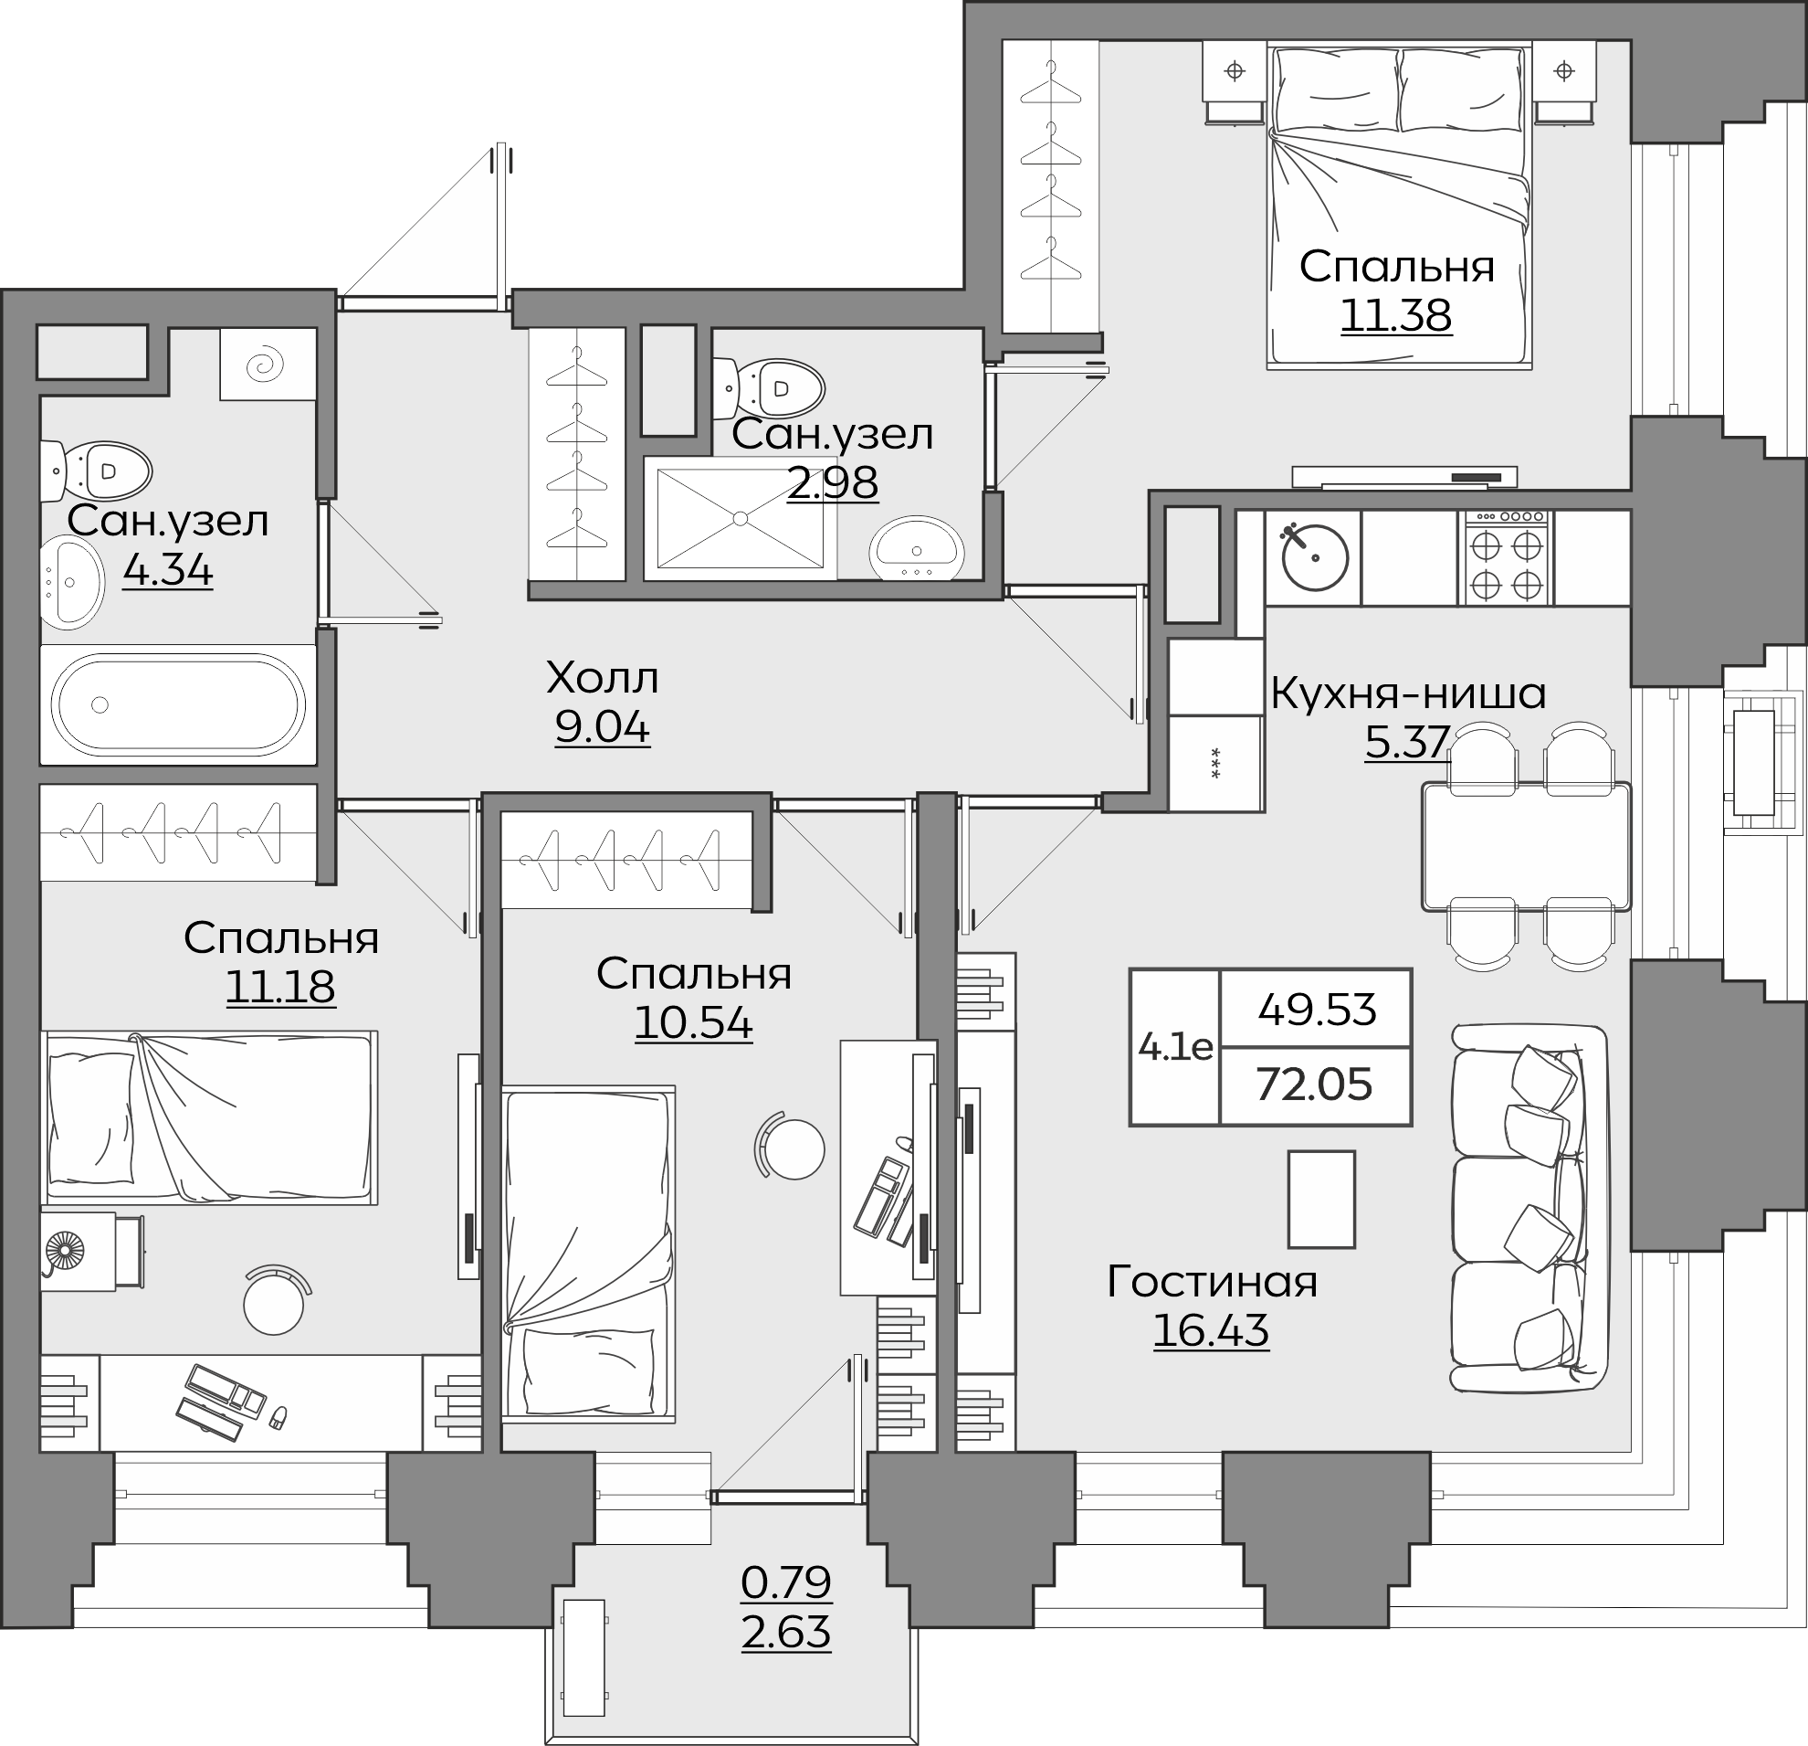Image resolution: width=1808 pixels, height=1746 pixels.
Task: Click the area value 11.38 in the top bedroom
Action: coord(1395,315)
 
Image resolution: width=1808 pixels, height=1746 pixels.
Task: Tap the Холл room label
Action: coord(603,678)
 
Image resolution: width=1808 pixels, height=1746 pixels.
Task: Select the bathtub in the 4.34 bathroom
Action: coord(178,705)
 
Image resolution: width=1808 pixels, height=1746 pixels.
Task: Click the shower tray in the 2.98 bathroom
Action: coord(740,518)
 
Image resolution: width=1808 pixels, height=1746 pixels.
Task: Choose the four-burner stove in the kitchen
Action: coord(1506,557)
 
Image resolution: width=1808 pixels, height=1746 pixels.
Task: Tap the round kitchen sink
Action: coord(1313,556)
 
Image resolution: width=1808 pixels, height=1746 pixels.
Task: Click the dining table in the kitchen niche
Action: coord(1527,845)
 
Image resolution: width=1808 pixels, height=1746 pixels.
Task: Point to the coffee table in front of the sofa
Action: coord(1322,1200)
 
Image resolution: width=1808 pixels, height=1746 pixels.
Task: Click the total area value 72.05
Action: coord(1315,1085)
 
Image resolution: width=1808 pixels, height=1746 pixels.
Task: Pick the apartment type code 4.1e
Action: coord(1175,1046)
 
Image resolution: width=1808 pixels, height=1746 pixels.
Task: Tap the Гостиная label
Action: coord(1212,1282)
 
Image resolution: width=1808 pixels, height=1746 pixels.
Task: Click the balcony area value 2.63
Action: coord(786,1633)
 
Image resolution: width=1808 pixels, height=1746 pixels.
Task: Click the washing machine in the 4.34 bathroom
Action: coord(268,365)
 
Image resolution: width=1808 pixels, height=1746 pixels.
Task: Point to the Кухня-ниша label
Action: coord(1408,694)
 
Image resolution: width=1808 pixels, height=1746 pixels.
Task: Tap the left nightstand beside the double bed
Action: coord(1235,81)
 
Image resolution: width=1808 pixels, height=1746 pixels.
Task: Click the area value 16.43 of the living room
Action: coord(1211,1330)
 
